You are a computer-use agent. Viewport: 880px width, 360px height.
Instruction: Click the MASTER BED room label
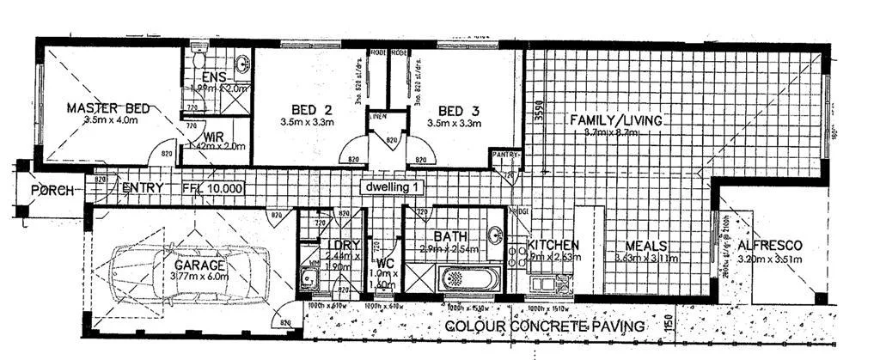108,108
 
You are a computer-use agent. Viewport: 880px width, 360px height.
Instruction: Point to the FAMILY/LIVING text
616,120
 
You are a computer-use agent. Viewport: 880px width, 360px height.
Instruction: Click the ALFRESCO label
770,245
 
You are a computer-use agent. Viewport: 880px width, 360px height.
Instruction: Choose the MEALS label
646,245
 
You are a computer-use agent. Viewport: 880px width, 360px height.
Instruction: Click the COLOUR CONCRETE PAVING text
545,326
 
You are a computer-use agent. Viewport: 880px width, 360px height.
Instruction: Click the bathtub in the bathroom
466,279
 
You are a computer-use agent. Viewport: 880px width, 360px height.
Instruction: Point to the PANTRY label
506,156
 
